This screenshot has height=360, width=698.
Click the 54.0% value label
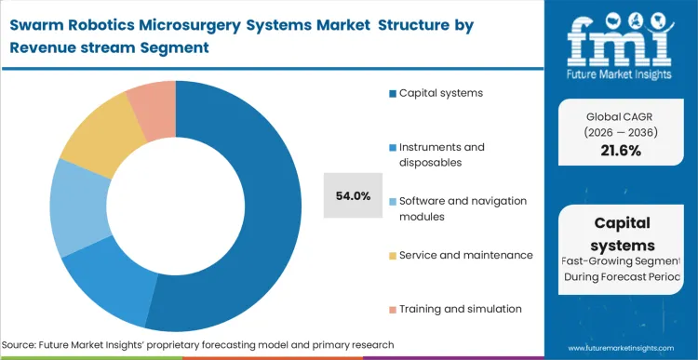point(353,196)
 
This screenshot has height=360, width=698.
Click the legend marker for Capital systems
point(393,93)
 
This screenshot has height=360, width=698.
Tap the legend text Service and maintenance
point(466,255)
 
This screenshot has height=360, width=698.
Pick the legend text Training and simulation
point(461,308)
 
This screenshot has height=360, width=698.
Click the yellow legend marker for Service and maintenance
point(393,255)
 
